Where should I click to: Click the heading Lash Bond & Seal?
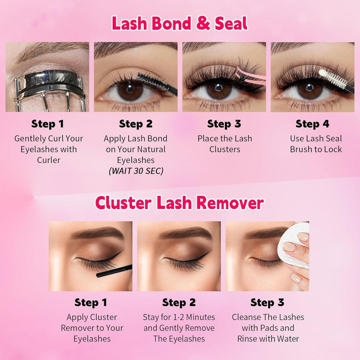[x=179, y=23]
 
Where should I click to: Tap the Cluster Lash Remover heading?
[x=179, y=203]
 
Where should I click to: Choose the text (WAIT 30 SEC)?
[x=136, y=171]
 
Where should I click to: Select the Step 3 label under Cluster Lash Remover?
[x=267, y=302]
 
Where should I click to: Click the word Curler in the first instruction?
[x=48, y=160]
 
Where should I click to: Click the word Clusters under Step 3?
[x=224, y=149]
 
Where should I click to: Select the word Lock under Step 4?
[x=332, y=149]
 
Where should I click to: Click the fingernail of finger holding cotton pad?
[x=289, y=246]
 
